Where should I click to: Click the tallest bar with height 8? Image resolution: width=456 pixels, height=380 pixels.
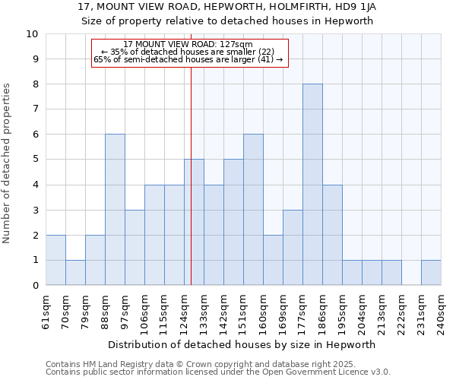312,185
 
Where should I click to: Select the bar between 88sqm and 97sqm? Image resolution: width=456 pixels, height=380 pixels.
115,210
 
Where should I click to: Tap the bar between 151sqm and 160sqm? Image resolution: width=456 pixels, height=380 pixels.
253,210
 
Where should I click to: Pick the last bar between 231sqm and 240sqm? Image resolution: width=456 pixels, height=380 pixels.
431,272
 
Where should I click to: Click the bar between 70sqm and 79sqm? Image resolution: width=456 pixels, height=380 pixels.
75,272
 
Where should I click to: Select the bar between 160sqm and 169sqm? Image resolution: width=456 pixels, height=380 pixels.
273,260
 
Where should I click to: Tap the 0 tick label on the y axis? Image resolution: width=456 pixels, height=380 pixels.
35,285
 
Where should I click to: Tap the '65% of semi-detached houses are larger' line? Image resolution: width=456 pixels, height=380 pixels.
188,59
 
